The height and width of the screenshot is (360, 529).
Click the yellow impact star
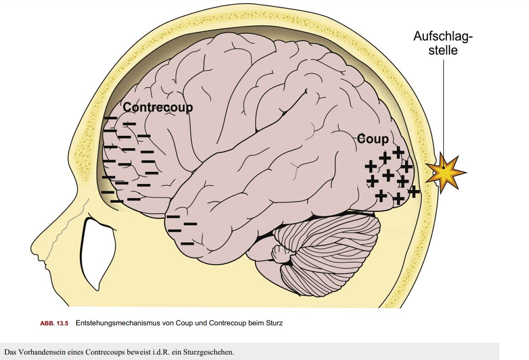pos(444,172)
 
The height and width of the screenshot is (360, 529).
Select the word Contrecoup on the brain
pos(158,107)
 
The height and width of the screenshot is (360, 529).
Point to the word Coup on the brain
pos(373,139)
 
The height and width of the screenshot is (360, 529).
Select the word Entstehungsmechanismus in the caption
pos(116,324)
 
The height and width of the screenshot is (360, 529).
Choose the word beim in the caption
pos(256,324)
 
